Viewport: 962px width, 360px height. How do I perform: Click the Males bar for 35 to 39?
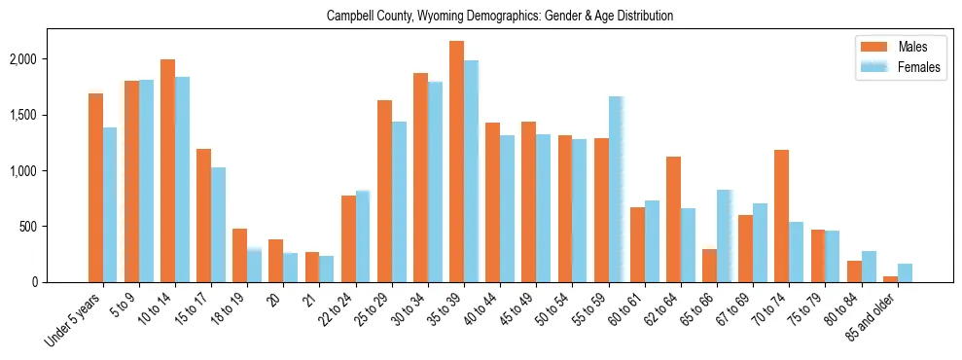[x=456, y=162]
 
